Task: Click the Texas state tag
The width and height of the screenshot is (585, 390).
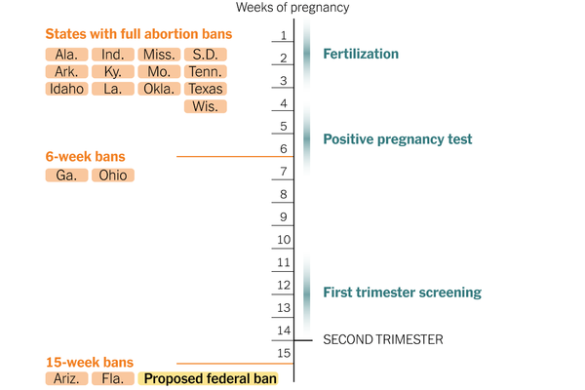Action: (x=206, y=89)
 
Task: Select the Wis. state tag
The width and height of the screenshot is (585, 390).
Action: (x=206, y=106)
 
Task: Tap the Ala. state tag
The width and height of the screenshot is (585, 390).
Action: (x=66, y=55)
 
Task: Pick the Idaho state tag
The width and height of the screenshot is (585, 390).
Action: (x=66, y=89)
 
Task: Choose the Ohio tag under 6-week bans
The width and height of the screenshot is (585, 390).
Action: (x=113, y=175)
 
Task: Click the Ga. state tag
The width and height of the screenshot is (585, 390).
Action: (x=66, y=175)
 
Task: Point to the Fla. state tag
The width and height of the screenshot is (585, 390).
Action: (x=113, y=378)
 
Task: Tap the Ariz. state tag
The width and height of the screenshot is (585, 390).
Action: (x=66, y=378)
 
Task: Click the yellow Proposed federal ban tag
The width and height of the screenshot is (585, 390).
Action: (x=209, y=378)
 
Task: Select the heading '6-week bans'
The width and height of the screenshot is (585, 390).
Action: (x=85, y=156)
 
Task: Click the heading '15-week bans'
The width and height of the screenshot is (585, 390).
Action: (x=89, y=360)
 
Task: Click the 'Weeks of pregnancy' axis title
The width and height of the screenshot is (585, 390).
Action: (x=292, y=9)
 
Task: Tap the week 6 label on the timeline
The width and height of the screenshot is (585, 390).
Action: (x=284, y=149)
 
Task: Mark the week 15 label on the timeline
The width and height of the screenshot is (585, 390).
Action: (x=284, y=353)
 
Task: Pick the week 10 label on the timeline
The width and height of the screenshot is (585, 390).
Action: (x=284, y=240)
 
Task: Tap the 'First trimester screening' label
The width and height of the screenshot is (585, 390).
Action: (x=403, y=292)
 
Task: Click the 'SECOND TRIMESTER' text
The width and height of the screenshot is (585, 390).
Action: (x=383, y=339)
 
